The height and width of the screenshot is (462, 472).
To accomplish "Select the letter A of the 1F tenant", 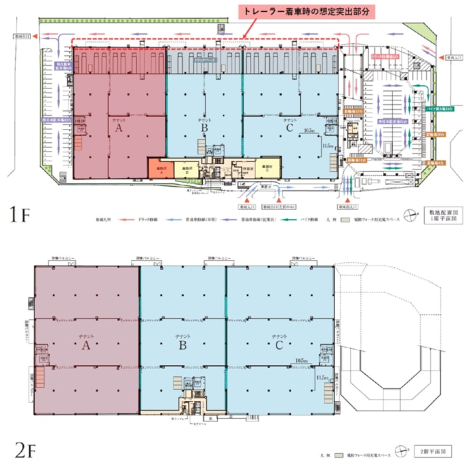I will pyautogui.click(x=118, y=130).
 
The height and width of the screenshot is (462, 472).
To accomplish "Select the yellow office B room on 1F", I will pyautogui.click(x=186, y=170).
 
